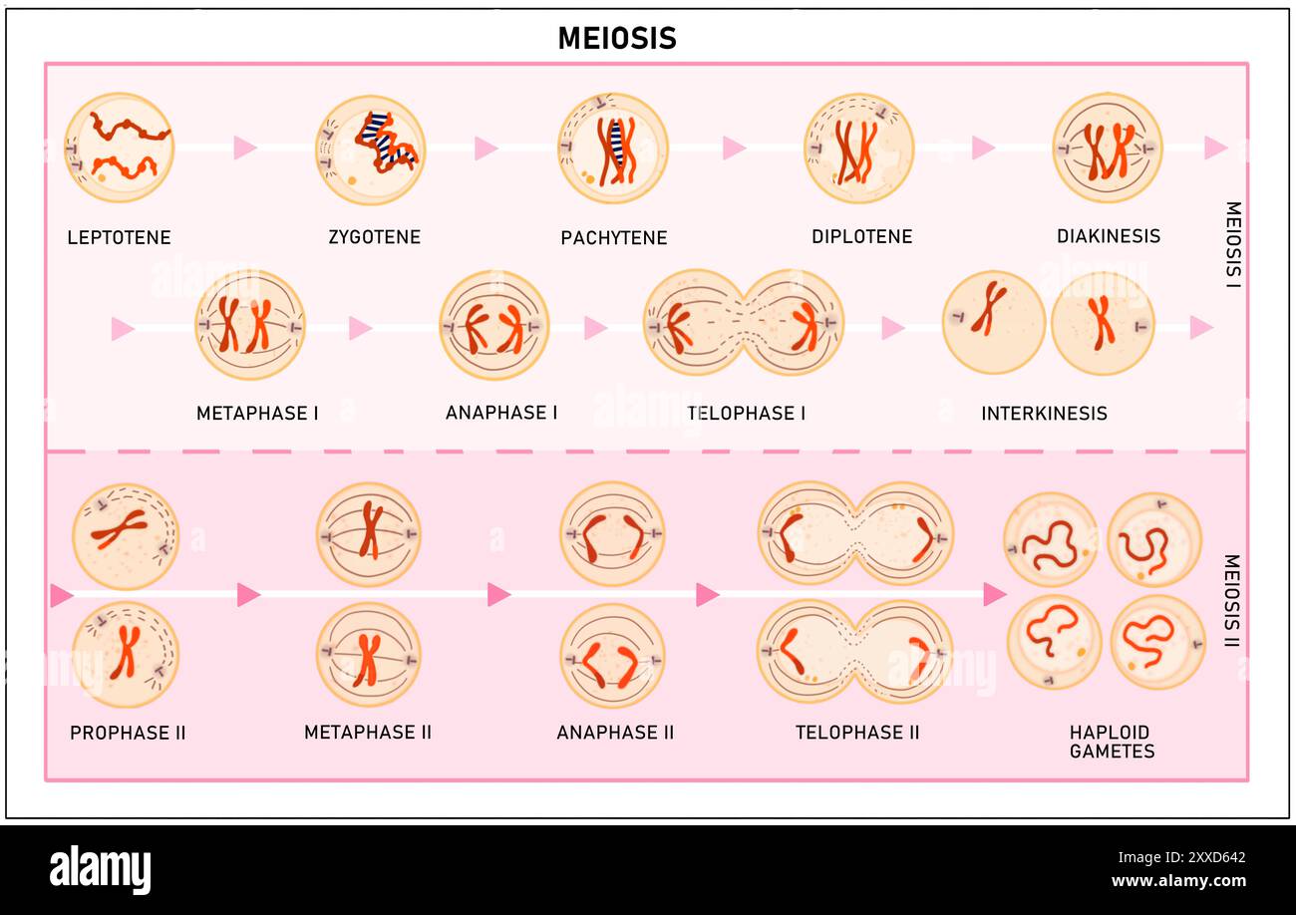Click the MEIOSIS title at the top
tap(616, 38)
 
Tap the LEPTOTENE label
tap(119, 237)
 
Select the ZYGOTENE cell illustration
tap(371, 150)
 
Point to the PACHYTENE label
tap(613, 237)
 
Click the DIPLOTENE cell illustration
tap(858, 148)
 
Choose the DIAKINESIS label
tap(1108, 236)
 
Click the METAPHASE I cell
tap(249, 325)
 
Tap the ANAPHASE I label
tap(501, 413)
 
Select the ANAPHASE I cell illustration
tap(494, 325)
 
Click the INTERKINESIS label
tap(1044, 413)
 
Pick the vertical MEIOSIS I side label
tap(1232, 244)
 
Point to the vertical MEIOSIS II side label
tap(1231, 600)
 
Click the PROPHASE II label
tap(128, 733)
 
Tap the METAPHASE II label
tap(368, 733)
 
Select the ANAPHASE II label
tap(615, 733)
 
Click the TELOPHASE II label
tap(857, 733)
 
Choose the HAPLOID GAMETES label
tap(1112, 742)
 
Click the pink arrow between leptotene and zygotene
tap(245, 148)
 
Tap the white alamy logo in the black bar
tap(101, 869)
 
